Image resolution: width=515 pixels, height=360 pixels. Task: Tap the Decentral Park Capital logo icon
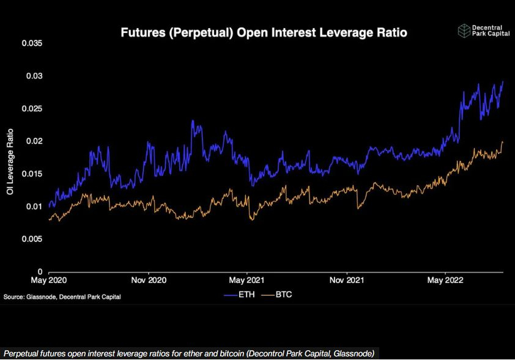click(465, 31)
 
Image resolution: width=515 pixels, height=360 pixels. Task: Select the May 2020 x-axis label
click(48, 281)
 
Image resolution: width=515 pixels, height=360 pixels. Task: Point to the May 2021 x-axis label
click(246, 281)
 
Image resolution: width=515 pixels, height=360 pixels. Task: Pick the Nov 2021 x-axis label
click(346, 281)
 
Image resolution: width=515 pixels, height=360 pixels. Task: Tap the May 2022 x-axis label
click(445, 281)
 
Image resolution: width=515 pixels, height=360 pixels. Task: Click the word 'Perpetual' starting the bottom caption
click(20, 354)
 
